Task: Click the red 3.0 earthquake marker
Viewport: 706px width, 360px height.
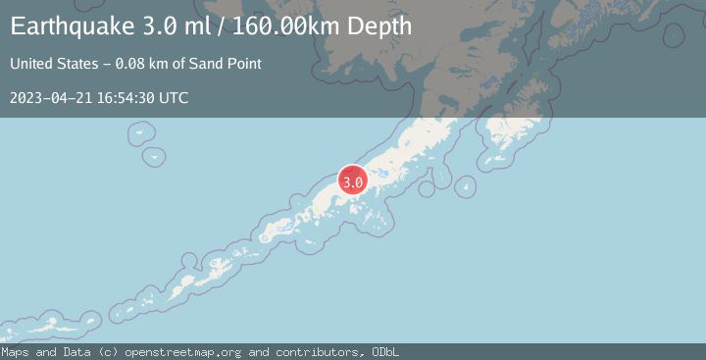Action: pos(353,181)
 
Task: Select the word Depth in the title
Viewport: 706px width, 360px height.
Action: pos(378,27)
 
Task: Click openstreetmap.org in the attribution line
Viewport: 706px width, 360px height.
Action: pos(186,352)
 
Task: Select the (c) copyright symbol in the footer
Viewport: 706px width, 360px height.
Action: pos(106,352)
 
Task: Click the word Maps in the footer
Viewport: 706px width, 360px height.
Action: pos(15,352)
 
